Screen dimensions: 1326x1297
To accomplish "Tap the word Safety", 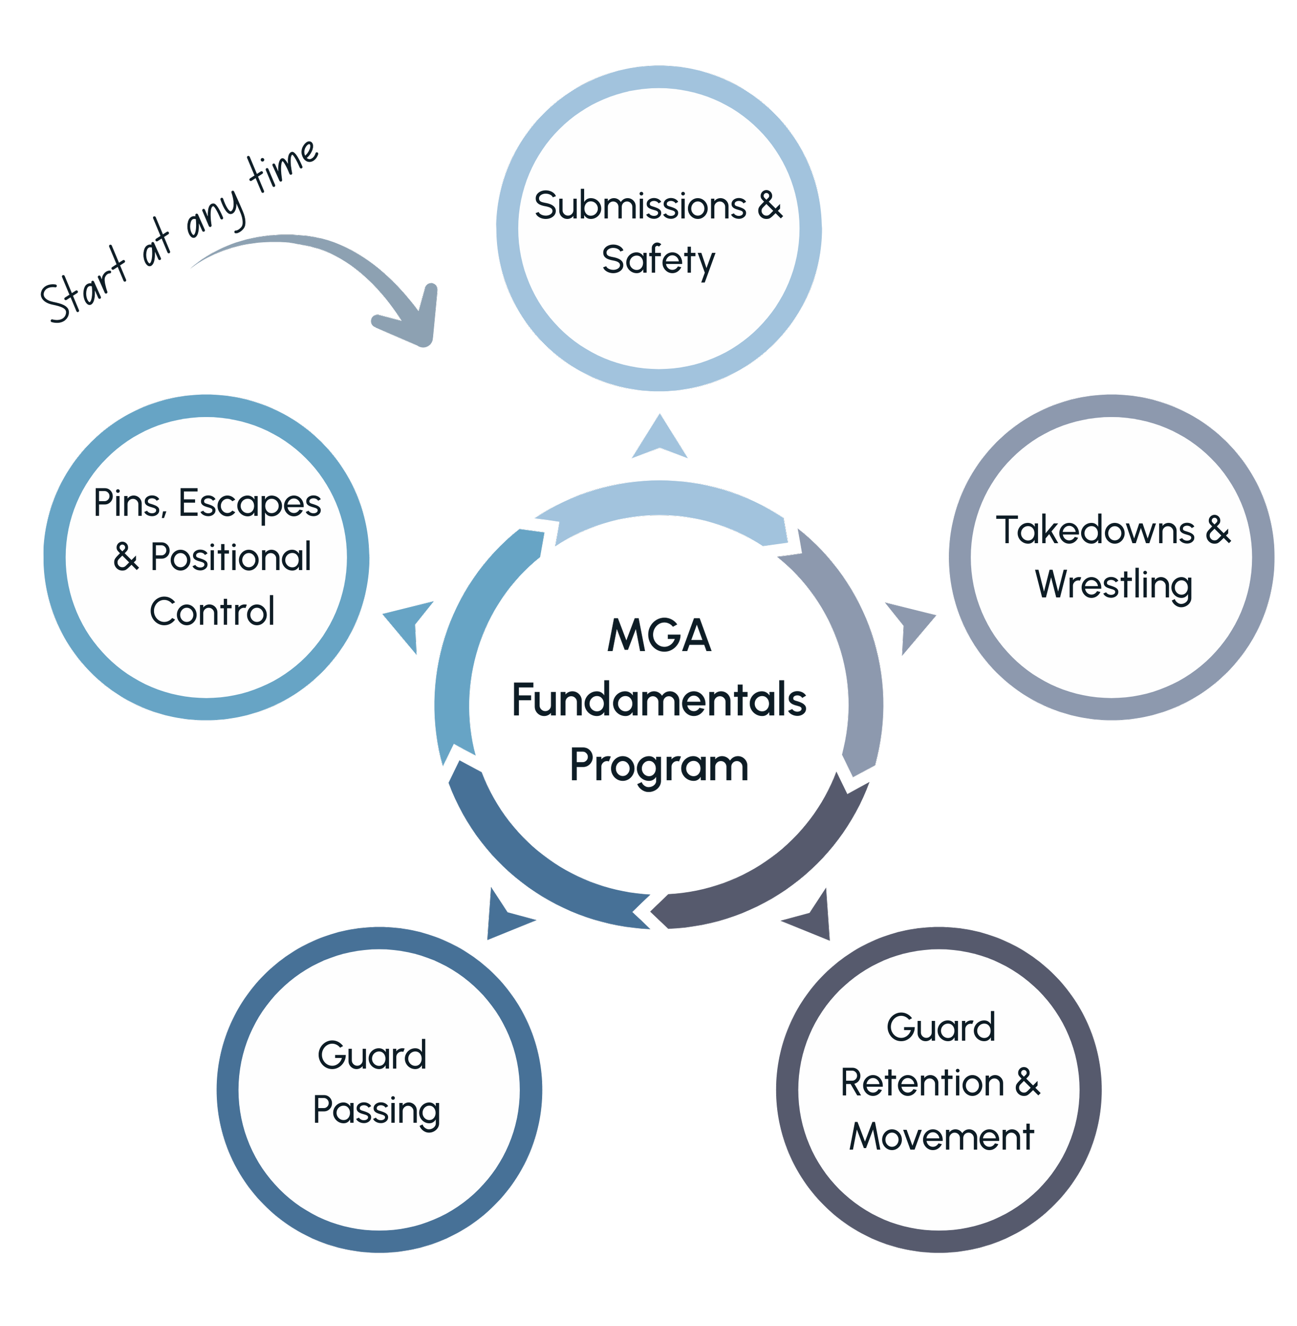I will (658, 260).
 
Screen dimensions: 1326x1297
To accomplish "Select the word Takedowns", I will (1095, 531).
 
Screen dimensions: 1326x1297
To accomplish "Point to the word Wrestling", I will (1114, 585).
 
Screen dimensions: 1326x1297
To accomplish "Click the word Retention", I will (922, 1083).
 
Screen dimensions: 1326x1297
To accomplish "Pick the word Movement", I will (942, 1137).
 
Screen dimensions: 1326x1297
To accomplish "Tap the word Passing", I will (376, 1110).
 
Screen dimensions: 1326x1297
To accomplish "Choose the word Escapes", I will (250, 504).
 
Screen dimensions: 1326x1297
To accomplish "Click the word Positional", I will (230, 558).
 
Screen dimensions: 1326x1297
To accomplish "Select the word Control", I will (212, 612).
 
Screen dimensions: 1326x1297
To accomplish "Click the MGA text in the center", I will (659, 636).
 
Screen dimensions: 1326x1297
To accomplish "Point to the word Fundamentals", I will (659, 700).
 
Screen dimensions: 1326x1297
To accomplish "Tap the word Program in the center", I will (659, 765).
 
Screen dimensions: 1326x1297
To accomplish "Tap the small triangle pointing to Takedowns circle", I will (914, 626).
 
